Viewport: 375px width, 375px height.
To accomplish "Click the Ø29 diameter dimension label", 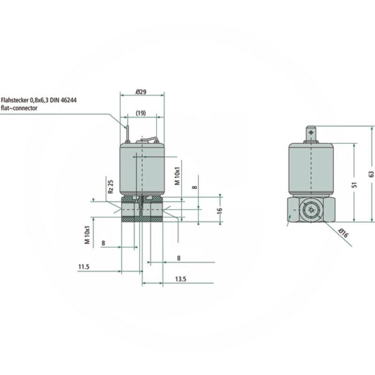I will pos(141,92).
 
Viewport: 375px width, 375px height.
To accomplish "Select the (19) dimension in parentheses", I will pos(142,113).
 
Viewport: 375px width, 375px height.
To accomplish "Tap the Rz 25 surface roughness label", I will pos(111,186).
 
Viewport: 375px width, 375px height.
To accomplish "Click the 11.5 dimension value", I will pos(83,267).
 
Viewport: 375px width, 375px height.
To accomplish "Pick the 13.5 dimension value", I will pos(180,279).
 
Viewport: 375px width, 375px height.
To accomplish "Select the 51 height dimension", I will pos(355,184).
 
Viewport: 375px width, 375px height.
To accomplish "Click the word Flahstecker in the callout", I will pos(15,100).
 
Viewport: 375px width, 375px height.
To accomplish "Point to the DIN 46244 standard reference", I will pos(66,100).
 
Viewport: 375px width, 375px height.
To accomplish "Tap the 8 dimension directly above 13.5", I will pos(179,258).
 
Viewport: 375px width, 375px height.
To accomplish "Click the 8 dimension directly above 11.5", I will pos(103,243).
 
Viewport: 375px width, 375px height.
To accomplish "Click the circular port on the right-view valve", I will pos(310,210).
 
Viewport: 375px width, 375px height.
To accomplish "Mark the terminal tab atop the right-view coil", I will pos(311,133).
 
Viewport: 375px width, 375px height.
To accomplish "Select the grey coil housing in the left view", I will pos(142,169).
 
